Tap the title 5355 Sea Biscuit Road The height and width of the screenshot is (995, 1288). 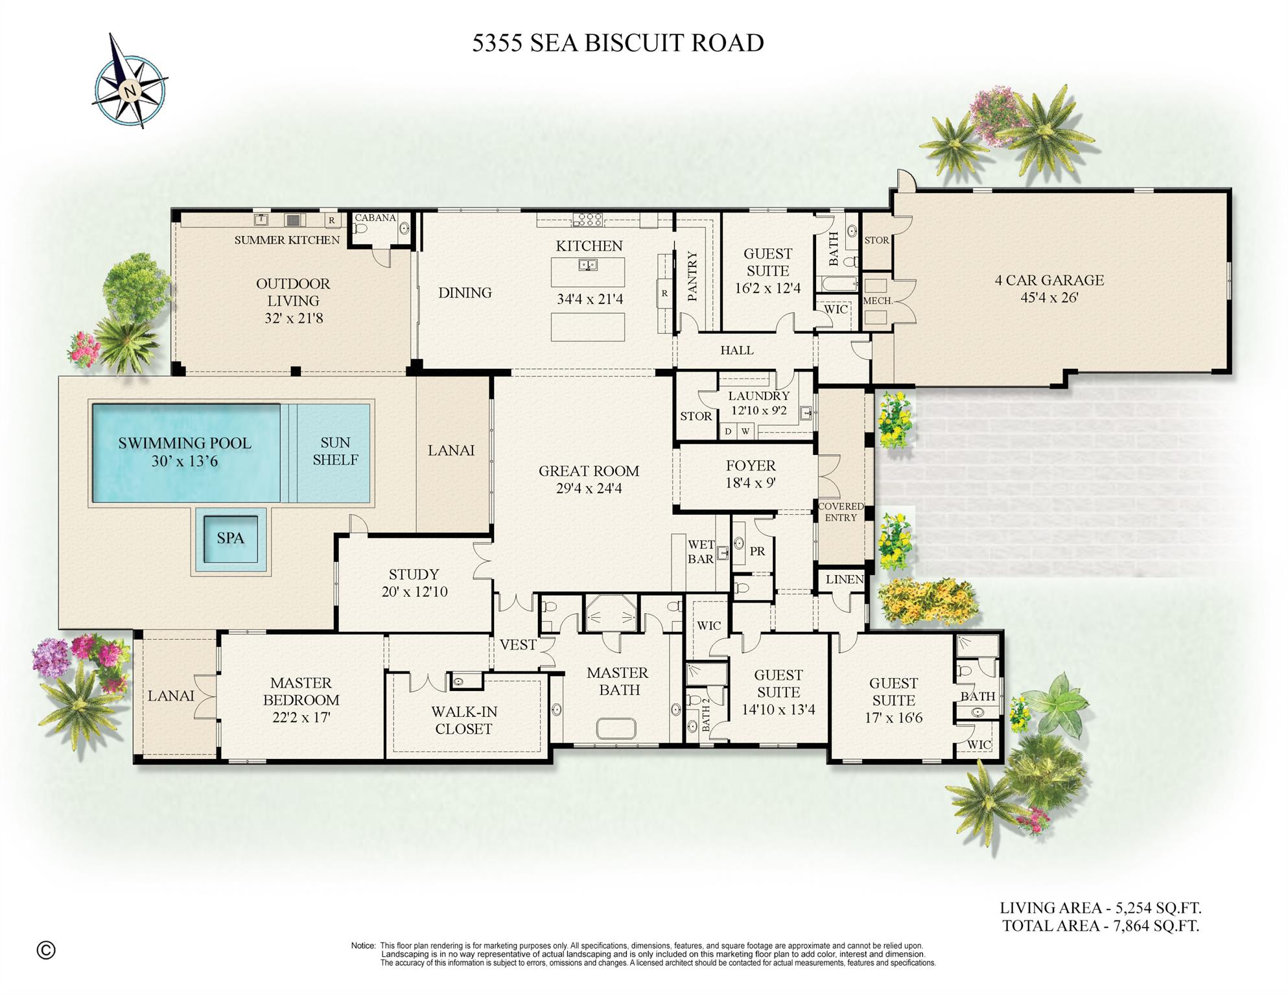coord(617,43)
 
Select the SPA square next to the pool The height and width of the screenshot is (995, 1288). coord(230,539)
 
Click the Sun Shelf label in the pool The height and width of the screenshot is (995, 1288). coord(334,451)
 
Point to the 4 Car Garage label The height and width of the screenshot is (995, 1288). coord(1049,280)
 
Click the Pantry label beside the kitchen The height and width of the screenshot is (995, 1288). coord(692,277)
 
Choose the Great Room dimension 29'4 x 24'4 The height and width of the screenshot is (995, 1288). coord(589,489)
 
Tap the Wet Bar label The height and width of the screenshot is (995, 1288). coord(701,552)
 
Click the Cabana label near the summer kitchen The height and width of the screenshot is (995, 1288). coord(375,218)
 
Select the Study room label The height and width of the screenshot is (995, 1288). coord(414,574)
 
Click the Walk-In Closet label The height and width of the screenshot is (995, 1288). coord(463,720)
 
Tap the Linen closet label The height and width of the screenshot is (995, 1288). coord(844,579)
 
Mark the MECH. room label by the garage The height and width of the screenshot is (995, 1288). coord(877,301)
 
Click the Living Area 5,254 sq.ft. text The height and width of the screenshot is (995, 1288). coord(1100,908)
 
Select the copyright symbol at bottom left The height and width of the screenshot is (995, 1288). coord(46,950)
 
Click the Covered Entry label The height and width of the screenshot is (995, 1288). coord(841,511)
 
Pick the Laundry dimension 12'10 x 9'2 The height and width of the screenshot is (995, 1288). coord(758,410)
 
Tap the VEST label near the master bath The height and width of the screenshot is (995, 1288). coord(517,645)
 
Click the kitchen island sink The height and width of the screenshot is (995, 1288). coord(588,264)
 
